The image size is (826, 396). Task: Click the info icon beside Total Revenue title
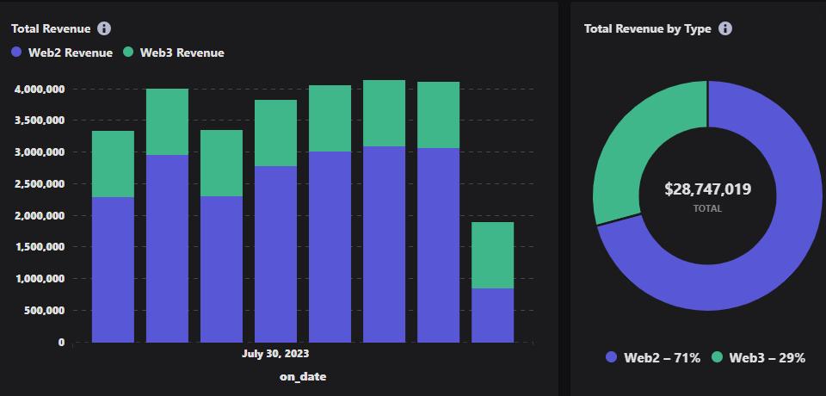pos(104,28)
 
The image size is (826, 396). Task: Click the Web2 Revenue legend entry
pos(62,53)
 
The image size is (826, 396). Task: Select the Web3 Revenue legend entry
pos(173,53)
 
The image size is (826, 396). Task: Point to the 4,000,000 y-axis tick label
pos(40,89)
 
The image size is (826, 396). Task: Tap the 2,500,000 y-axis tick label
pos(40,184)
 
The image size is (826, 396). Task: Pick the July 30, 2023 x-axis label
pos(275,354)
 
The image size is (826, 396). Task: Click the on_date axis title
pos(303,376)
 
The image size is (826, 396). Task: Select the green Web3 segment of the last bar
pos(492,255)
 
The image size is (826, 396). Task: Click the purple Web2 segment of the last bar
pos(492,315)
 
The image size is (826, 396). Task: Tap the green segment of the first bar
pos(113,164)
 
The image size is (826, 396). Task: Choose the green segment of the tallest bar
pos(385,113)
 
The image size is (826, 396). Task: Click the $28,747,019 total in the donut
pos(707,189)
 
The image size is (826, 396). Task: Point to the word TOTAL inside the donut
pos(707,208)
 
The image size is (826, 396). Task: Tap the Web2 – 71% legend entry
pos(653,357)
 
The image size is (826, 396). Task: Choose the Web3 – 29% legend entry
pos(758,357)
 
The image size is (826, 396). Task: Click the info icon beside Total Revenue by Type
pos(725,28)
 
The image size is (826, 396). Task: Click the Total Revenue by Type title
pos(647,28)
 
